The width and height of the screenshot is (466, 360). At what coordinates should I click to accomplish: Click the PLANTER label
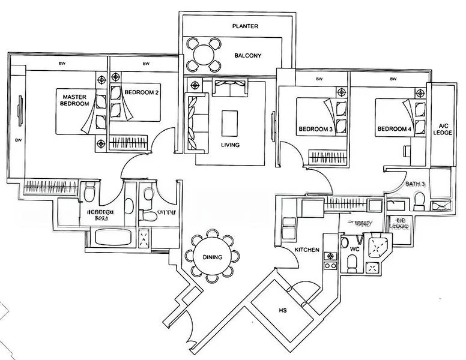coord(246,26)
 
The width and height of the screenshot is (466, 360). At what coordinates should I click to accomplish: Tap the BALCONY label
coord(246,56)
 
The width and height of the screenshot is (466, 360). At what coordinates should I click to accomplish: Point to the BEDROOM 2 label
coord(141,92)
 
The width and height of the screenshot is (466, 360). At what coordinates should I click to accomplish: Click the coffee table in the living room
coord(229,124)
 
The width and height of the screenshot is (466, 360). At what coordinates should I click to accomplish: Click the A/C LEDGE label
coord(444,129)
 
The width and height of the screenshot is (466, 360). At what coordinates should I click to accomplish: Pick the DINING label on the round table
coord(213,257)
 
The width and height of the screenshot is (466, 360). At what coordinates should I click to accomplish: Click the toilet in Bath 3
coord(420,198)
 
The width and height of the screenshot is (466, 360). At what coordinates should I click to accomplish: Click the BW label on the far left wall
coord(18,140)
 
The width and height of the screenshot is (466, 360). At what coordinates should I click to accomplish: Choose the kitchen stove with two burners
coord(329,260)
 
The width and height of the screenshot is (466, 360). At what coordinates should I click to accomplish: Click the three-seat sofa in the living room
coord(193,122)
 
